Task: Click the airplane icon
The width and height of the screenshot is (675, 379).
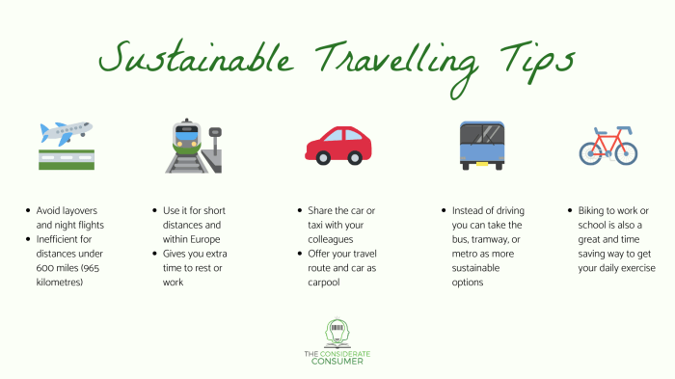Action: click(x=66, y=131)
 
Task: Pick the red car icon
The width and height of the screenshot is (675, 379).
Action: click(x=337, y=144)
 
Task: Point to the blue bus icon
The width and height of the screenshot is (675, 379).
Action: click(x=481, y=146)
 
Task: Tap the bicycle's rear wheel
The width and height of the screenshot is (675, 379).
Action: click(x=591, y=152)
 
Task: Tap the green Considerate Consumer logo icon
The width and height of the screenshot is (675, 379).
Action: click(x=337, y=334)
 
